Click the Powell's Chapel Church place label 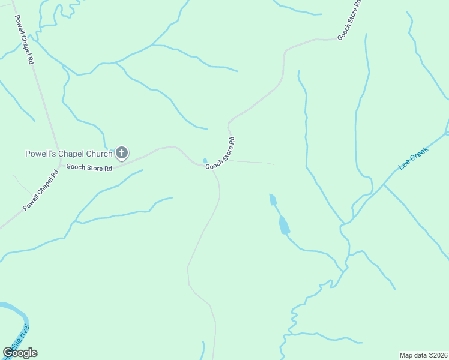click(68, 154)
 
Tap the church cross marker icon click(122, 153)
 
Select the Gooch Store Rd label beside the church click(89, 168)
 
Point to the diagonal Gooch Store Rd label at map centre click(220, 154)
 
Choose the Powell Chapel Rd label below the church click(41, 190)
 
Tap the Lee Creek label click(413, 158)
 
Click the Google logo click(20, 353)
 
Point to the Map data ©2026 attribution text click(423, 355)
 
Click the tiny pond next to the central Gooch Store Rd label click(205, 160)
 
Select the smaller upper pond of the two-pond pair click(273, 199)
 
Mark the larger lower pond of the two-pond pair click(283, 225)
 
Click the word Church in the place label click(98, 154)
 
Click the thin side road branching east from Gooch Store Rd click(252, 162)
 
